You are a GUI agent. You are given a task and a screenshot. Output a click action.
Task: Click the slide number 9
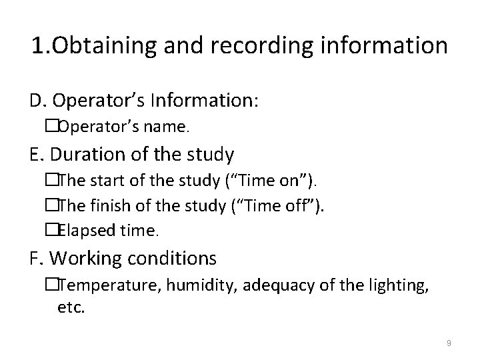[x=449, y=343]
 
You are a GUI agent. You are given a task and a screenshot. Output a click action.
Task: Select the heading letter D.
[x=37, y=102]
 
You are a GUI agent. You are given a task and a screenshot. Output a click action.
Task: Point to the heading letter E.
[x=36, y=155]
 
